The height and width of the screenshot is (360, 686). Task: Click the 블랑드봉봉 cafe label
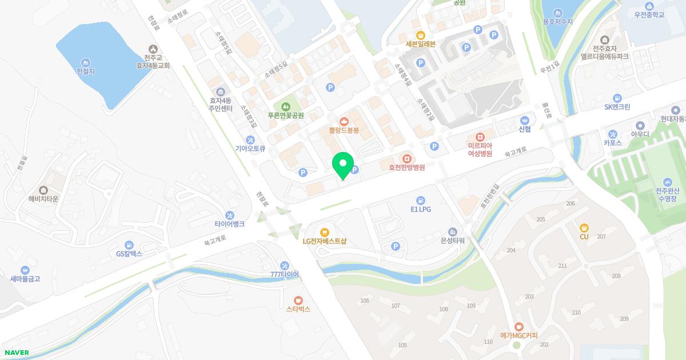[x=344, y=130]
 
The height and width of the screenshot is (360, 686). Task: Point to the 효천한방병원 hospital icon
[x=406, y=157]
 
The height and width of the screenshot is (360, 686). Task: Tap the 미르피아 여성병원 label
[x=480, y=149]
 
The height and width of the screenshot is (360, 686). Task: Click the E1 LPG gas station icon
[x=421, y=200]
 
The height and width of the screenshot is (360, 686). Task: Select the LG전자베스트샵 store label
[x=325, y=241]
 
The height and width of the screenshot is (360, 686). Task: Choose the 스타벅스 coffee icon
[x=298, y=300]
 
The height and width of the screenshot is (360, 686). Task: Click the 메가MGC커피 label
[x=519, y=335]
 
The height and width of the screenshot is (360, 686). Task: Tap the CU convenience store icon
[x=584, y=227]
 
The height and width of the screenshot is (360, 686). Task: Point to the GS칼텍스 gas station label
[x=129, y=253]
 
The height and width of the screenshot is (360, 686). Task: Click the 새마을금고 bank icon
[x=25, y=270]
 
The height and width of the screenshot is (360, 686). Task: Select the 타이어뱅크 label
[x=229, y=224]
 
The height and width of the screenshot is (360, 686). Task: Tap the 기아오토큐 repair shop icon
[x=250, y=139]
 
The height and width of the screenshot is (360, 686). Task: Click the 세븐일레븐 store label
[x=421, y=43]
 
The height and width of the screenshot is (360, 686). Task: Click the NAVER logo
[x=15, y=353]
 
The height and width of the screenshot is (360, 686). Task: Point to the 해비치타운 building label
[x=43, y=199]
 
